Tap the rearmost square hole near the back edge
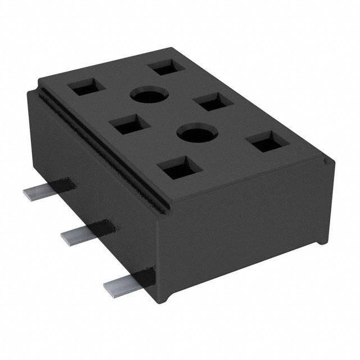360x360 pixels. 165,67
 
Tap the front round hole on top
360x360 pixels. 197,134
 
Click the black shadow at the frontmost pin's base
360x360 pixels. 146,276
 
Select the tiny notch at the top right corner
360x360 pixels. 325,163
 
